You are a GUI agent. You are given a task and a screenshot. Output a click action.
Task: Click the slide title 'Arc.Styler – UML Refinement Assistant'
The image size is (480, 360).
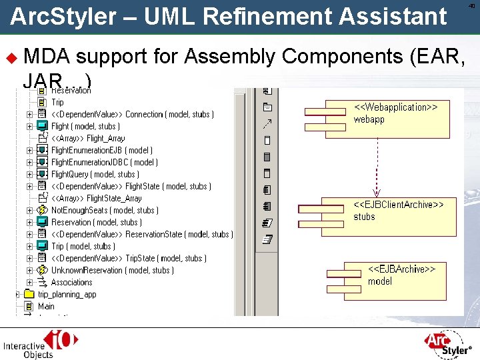point(228,16)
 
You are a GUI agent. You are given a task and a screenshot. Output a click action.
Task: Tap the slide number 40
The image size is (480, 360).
point(471,6)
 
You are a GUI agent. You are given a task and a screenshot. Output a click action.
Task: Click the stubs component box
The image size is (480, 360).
point(390,215)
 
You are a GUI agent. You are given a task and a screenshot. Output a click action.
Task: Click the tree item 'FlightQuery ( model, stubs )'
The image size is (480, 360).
point(95,174)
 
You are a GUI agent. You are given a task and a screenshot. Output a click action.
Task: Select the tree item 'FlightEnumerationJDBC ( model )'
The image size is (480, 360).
point(104,162)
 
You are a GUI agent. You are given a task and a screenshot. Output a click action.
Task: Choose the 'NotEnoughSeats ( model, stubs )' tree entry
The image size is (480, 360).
point(105,210)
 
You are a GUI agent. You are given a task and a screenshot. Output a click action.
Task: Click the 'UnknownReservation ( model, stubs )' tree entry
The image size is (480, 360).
point(112,270)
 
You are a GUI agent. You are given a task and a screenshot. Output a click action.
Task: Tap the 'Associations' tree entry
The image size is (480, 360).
point(71,282)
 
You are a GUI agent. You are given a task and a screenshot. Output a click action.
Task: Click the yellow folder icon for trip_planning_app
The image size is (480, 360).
point(29,294)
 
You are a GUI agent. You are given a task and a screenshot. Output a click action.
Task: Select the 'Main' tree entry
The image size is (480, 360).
point(46,306)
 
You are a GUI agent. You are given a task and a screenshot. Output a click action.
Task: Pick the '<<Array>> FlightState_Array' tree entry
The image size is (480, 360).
point(96,198)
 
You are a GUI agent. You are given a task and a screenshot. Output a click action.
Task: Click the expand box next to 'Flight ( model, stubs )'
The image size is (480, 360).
point(29,126)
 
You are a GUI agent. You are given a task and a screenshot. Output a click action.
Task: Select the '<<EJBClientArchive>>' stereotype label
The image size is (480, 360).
point(398,205)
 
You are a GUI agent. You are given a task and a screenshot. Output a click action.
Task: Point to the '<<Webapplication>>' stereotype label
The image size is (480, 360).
point(395,107)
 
